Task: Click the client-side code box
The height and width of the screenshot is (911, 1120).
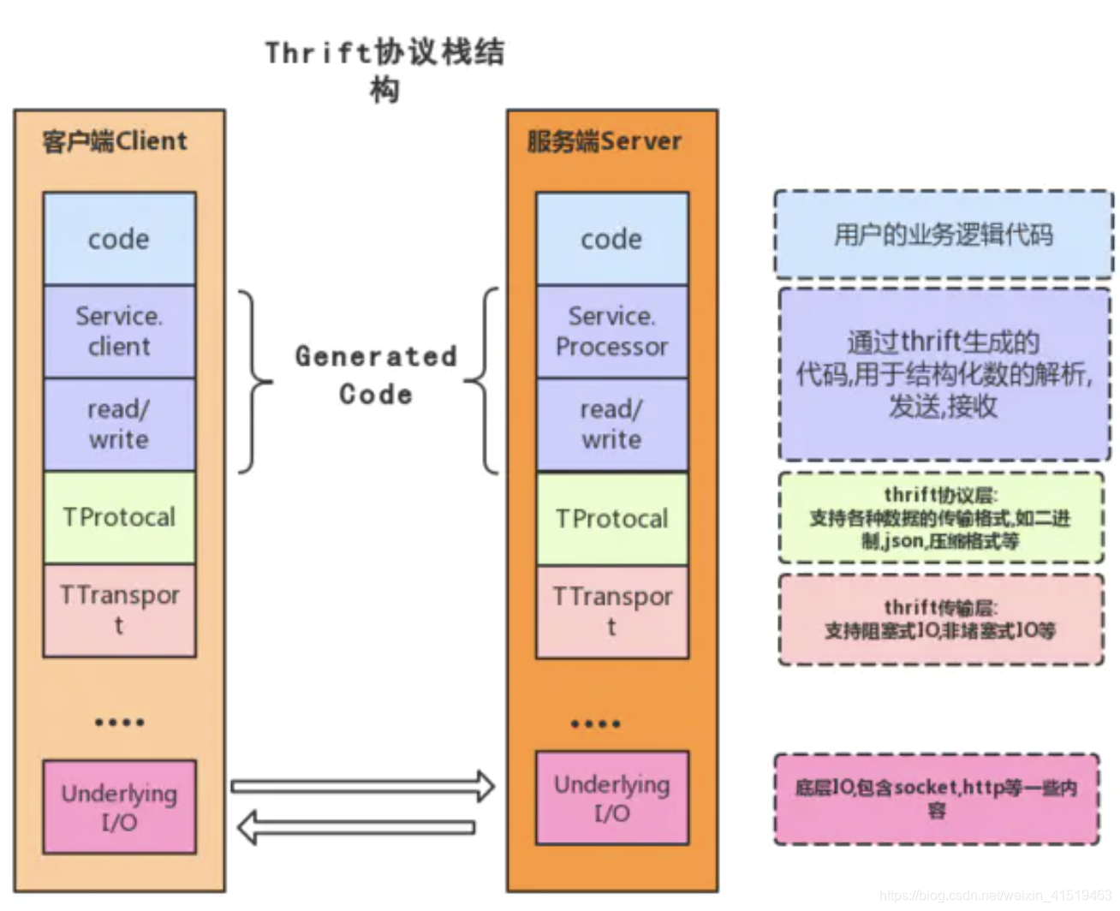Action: tap(119, 238)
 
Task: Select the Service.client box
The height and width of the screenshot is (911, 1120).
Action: tap(119, 331)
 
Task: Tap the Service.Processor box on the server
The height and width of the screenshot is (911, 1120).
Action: tap(611, 331)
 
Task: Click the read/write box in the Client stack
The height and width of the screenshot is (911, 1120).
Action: tap(119, 425)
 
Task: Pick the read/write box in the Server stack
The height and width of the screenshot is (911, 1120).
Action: tap(611, 425)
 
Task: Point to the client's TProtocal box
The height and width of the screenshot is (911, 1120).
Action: tap(119, 517)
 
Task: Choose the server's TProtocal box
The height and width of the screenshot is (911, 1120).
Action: tap(611, 519)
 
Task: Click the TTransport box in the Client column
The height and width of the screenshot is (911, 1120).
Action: tap(119, 610)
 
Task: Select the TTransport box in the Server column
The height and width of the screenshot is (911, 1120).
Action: tap(611, 611)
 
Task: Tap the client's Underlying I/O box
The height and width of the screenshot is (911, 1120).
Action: tap(119, 807)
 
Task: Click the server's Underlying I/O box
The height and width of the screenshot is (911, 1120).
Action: tap(611, 798)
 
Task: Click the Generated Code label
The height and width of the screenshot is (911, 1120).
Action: tap(376, 375)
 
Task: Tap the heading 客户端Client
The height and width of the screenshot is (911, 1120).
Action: tap(115, 141)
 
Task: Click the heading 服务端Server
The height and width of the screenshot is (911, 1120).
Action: tap(605, 141)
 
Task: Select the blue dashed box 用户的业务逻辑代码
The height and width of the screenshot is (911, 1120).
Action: tap(943, 235)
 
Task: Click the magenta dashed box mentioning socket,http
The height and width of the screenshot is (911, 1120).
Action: tap(936, 799)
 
